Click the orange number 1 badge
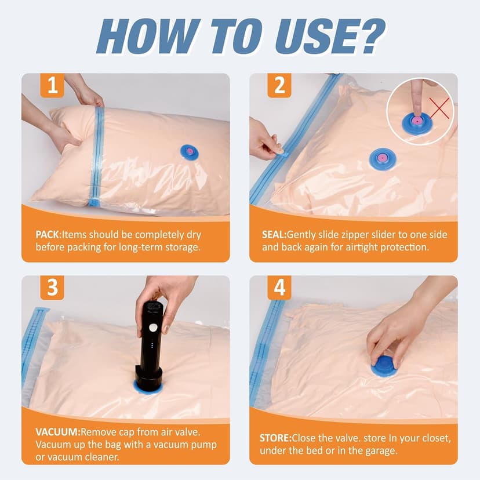click(x=53, y=86)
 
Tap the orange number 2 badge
click(x=280, y=86)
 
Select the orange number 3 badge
click(x=53, y=288)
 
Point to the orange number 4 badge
click(x=280, y=288)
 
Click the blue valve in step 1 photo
click(x=189, y=152)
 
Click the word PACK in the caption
click(x=48, y=235)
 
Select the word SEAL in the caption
click(x=274, y=235)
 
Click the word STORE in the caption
click(x=275, y=438)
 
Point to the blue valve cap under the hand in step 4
click(x=384, y=367)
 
